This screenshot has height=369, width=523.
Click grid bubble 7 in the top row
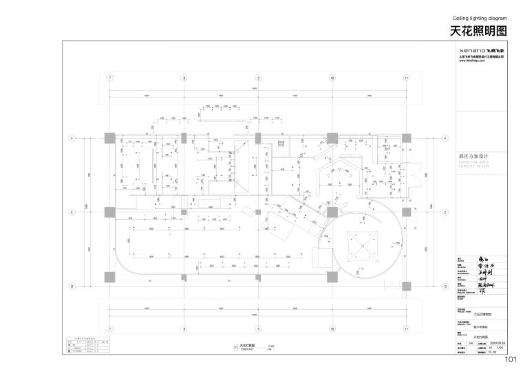coord(109,78)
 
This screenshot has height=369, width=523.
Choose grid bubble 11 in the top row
coord(407,78)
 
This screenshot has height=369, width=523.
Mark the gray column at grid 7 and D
coord(109,276)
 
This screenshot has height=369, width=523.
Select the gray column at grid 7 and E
coord(109,212)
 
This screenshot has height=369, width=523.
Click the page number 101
coord(511,360)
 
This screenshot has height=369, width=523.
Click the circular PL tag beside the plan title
coord(235,348)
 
